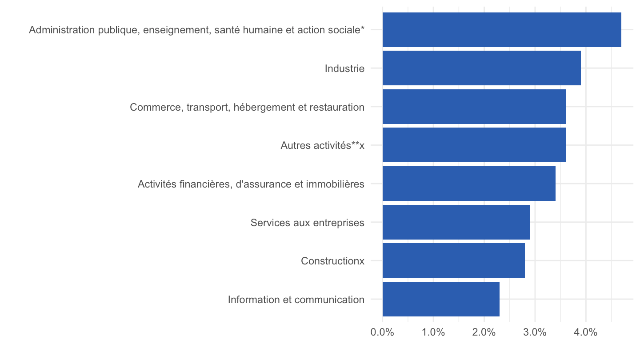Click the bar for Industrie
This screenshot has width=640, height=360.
pyautogui.click(x=481, y=68)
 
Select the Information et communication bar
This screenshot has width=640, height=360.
pyautogui.click(x=441, y=299)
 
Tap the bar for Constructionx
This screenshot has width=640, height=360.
pyautogui.click(x=454, y=260)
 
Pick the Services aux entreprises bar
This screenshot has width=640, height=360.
pyautogui.click(x=456, y=222)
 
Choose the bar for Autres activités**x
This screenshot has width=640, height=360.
pyautogui.click(x=474, y=145)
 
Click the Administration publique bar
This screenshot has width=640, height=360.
pyautogui.click(x=502, y=30)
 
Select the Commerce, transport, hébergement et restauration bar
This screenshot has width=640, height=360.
pyautogui.click(x=474, y=107)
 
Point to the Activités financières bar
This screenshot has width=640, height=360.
pyautogui.click(x=469, y=184)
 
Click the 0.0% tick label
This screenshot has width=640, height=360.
pyautogui.click(x=382, y=332)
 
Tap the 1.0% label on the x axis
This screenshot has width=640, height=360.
pyautogui.click(x=433, y=332)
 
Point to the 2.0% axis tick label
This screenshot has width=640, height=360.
pyautogui.click(x=484, y=332)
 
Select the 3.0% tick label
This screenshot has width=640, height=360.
pyautogui.click(x=535, y=332)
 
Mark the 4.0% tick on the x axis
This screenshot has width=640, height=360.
pyautogui.click(x=586, y=332)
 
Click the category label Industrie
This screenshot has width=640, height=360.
pyautogui.click(x=344, y=68)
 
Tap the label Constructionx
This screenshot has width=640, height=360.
pyautogui.click(x=332, y=261)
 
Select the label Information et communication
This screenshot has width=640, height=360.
pyautogui.click(x=296, y=300)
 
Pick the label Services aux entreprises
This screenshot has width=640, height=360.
pyautogui.click(x=308, y=223)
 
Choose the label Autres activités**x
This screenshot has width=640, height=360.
pyautogui.click(x=323, y=145)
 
